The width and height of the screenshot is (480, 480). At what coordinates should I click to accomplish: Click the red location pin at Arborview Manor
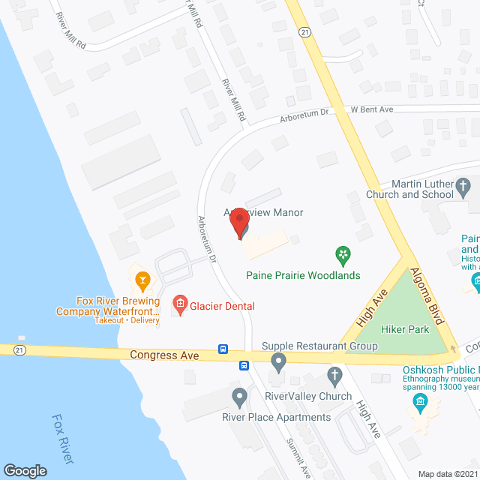point(240,223)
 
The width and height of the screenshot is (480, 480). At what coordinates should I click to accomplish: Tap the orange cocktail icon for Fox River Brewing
point(141,281)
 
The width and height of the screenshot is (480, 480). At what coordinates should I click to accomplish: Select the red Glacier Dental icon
point(179,305)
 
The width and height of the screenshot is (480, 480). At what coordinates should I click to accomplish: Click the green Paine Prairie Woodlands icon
point(343,256)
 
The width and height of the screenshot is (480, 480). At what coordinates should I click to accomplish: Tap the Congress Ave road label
point(164,355)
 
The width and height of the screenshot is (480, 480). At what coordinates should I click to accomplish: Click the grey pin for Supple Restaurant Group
point(279,364)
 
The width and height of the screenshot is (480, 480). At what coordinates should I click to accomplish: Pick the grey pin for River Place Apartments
point(239,397)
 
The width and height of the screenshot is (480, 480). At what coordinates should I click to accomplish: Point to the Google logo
point(25,470)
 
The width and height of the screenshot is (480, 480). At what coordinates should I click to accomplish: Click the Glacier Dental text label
point(222,306)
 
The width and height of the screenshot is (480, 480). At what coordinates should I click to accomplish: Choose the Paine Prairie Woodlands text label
point(303,275)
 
